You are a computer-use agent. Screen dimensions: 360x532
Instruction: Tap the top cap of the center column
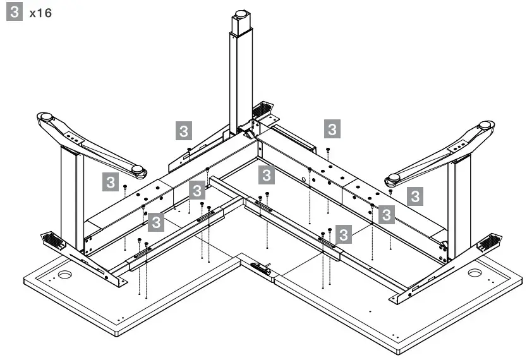(x=240, y=14)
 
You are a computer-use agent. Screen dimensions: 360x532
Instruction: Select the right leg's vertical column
(x=459, y=202)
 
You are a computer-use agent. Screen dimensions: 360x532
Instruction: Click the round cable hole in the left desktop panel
(x=65, y=275)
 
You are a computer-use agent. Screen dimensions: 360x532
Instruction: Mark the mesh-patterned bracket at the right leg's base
(x=491, y=242)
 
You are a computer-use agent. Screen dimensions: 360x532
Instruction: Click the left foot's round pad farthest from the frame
(x=46, y=117)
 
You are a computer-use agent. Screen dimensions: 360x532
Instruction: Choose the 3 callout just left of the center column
(x=183, y=131)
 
